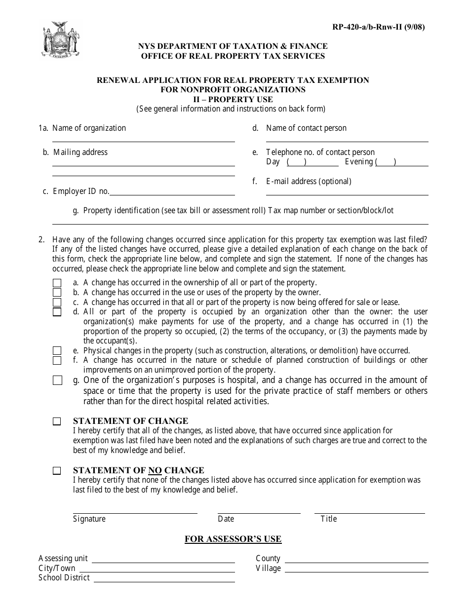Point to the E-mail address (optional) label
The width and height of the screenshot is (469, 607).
pyautogui.click(x=309, y=181)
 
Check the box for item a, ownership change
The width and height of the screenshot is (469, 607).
pyautogui.click(x=57, y=283)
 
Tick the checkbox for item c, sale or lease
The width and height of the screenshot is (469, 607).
pyautogui.click(x=57, y=303)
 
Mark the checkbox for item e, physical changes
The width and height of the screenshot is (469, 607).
pyautogui.click(x=57, y=351)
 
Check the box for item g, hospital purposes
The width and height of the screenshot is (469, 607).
pyautogui.click(x=57, y=380)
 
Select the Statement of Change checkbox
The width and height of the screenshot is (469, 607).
pyautogui.click(x=57, y=422)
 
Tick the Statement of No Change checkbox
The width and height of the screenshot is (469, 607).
pyautogui.click(x=57, y=471)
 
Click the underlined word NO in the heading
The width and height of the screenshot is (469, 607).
pyautogui.click(x=155, y=470)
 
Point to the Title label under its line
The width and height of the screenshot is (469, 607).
pyautogui.click(x=328, y=519)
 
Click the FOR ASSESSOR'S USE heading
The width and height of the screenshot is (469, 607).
pyautogui.click(x=233, y=539)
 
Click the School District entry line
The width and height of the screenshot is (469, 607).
pyautogui.click(x=164, y=581)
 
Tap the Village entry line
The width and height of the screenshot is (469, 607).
pyautogui.click(x=356, y=571)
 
